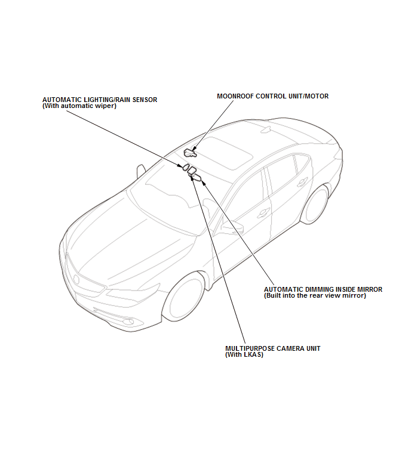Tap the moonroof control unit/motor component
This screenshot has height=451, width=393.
[x=190, y=153]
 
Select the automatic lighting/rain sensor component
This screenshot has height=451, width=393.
[x=186, y=167]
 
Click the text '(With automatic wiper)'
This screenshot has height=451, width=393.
[x=79, y=106]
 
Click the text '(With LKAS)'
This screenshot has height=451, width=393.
[x=244, y=354]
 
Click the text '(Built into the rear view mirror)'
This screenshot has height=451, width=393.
[x=315, y=295]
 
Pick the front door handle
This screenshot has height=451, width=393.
[x=263, y=213]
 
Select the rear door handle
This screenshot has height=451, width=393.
[x=302, y=182]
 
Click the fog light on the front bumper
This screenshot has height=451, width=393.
[x=128, y=322]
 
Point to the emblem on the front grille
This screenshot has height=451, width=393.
[x=76, y=279]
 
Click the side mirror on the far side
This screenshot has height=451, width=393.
[x=140, y=171]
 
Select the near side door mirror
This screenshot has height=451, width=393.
[x=232, y=226]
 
